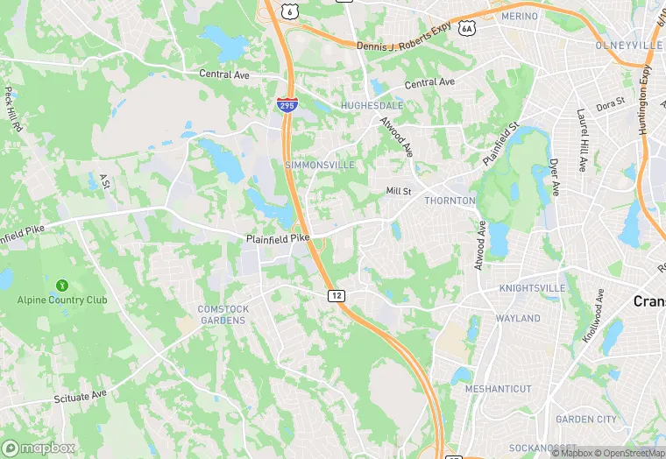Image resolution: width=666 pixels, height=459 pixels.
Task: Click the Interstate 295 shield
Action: point(287,105)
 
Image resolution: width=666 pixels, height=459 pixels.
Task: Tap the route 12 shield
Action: point(336,296)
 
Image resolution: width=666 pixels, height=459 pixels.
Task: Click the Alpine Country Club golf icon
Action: point(61,286)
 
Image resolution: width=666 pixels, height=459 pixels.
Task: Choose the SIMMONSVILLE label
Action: point(320,165)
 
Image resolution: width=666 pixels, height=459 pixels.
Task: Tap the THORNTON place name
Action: point(450,201)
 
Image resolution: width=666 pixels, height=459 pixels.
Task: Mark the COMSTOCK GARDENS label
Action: point(223,314)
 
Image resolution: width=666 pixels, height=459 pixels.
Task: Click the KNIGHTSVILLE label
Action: point(533,287)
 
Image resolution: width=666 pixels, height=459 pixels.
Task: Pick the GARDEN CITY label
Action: point(586,419)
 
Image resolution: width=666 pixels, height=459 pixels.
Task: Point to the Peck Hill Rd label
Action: point(12,109)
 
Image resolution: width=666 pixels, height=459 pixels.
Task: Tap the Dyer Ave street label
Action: point(554,177)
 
